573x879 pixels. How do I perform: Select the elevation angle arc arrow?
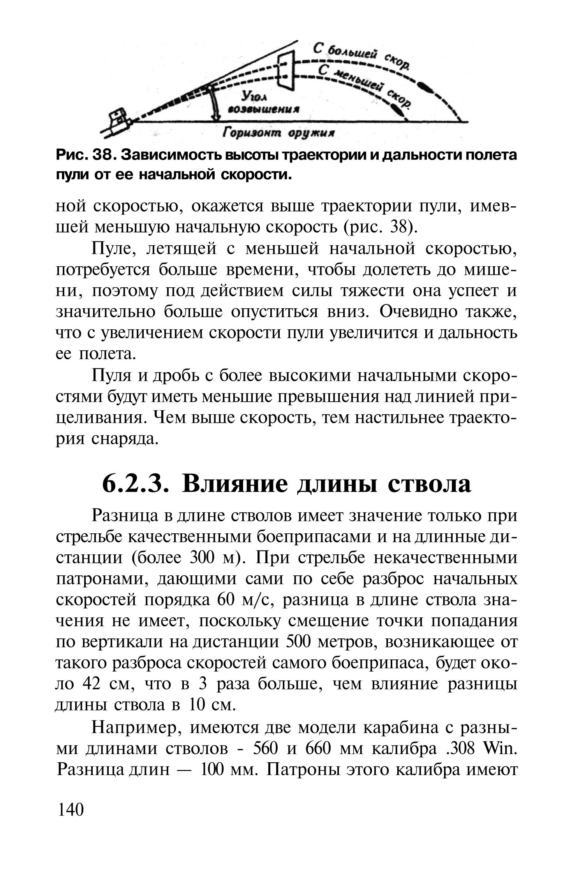[x=214, y=104]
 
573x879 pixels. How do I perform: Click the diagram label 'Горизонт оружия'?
[x=278, y=133]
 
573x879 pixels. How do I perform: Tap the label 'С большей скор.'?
[x=360, y=57]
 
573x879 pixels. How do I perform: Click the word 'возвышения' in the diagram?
[x=264, y=109]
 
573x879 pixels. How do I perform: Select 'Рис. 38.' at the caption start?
[x=85, y=155]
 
